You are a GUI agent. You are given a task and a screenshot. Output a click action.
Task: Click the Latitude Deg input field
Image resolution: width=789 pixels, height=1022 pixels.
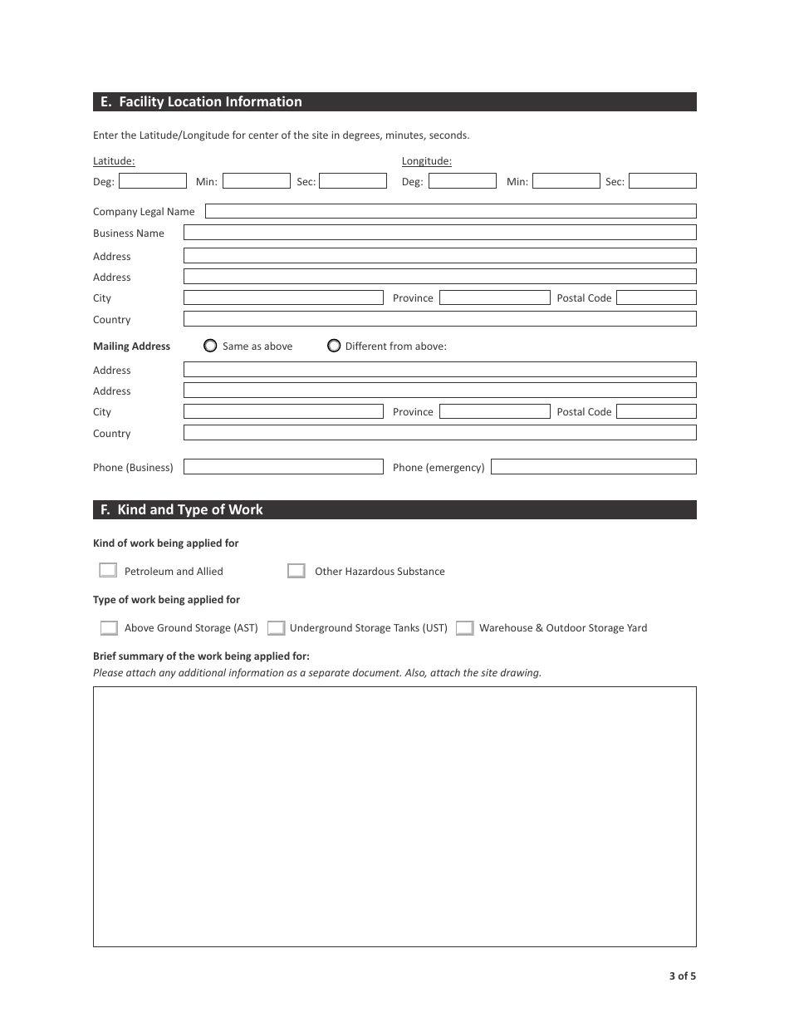(153, 181)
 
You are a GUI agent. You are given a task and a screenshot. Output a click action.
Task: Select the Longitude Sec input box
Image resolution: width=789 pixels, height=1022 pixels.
(662, 181)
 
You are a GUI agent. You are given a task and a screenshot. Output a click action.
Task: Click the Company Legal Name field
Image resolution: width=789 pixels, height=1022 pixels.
(450, 211)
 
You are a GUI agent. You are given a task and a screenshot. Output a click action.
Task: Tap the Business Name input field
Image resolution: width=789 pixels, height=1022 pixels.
(439, 233)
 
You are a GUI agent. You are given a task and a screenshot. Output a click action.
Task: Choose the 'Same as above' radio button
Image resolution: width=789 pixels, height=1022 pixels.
(210, 346)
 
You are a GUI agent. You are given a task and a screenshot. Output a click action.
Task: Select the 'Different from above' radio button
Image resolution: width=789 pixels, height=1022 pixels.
(334, 346)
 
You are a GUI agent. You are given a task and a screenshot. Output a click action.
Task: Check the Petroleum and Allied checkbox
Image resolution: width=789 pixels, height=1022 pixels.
(108, 571)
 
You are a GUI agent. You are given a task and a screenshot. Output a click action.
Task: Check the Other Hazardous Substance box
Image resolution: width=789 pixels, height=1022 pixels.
(296, 571)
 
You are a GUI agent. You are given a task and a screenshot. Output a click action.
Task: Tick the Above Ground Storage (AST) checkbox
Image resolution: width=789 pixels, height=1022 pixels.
(109, 628)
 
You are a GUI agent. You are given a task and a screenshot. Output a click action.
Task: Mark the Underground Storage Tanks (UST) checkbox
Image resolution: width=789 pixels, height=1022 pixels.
(277, 628)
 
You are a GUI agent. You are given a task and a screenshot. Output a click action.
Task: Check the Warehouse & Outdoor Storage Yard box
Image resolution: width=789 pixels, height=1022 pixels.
(465, 628)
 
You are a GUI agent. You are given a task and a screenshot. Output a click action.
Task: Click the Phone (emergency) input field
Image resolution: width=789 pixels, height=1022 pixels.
(593, 467)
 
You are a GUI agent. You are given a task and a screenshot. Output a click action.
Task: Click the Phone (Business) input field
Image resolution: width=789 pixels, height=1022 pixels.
(283, 467)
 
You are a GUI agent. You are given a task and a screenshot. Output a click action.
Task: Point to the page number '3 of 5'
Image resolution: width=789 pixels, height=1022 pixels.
(682, 976)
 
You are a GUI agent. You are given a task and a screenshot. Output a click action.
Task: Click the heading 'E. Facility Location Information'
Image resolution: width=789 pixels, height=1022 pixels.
(201, 102)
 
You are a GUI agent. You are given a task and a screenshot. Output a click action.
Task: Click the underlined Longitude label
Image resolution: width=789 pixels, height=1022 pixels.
(426, 161)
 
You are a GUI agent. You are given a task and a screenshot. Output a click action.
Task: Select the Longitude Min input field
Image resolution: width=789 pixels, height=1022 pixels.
(566, 181)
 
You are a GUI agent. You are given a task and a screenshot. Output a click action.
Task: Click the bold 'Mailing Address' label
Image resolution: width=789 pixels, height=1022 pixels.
(131, 346)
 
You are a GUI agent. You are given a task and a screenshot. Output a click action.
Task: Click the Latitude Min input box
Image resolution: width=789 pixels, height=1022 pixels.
(256, 181)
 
